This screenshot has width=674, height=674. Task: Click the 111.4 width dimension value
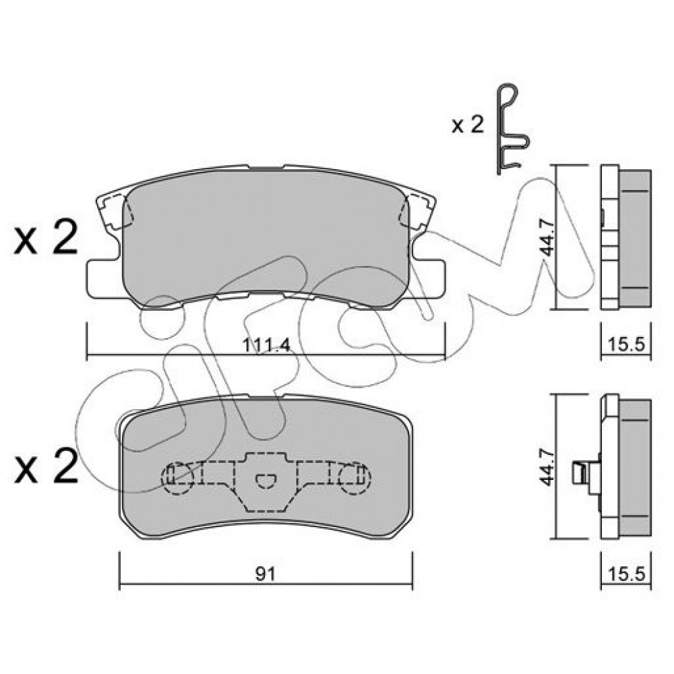pos(267,344)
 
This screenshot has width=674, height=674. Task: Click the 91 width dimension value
pos(265,574)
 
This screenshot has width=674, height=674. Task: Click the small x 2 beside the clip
pos(468,125)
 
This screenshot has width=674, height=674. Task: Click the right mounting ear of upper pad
pos(427,278)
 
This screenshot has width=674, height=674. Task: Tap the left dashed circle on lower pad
pos(177,478)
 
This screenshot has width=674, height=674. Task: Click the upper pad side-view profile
pos(626,237)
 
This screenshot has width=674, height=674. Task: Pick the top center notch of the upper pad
pos(266,168)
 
